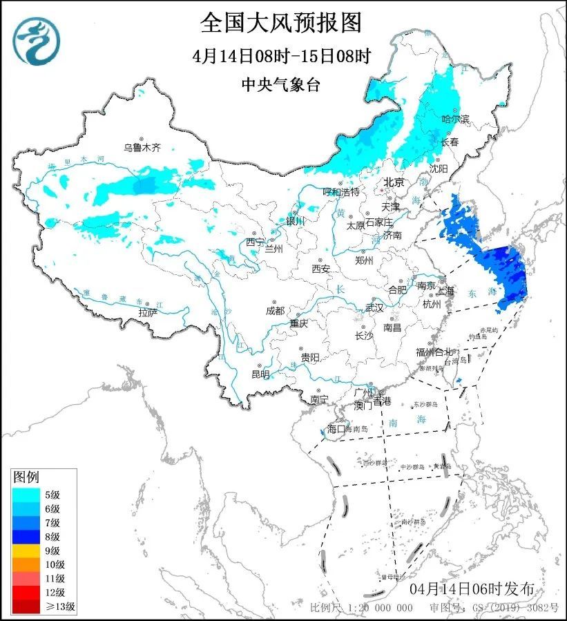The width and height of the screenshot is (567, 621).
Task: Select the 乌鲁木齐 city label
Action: (x=142, y=147)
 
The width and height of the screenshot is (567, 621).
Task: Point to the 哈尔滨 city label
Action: (x=455, y=120)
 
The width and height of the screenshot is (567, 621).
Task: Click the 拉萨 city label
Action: (x=148, y=312)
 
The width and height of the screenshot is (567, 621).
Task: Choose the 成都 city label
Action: (x=274, y=311)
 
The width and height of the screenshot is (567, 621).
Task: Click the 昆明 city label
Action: (x=260, y=374)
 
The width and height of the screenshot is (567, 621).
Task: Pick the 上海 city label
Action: (x=445, y=291)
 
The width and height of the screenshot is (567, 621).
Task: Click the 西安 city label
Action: (x=320, y=268)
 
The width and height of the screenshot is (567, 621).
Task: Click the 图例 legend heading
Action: (x=27, y=477)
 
